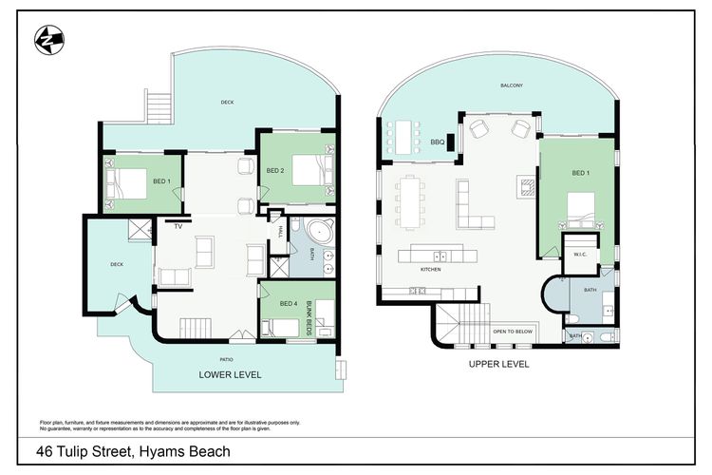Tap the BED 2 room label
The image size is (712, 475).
pos(275,171)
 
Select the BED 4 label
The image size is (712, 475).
pos(289,304)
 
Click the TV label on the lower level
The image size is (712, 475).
pos(177,227)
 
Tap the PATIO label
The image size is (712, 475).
pos(227,358)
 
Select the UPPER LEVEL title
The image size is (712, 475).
pos(498,364)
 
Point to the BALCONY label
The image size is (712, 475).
pos(513,85)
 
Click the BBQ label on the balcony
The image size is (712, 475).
pos(438,142)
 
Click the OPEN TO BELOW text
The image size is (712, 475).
pos(512,331)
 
